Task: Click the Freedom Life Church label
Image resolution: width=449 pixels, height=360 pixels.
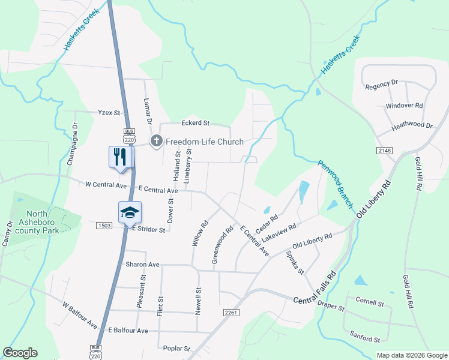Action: pos(205,142)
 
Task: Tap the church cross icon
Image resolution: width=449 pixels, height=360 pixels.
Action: pos(156,141)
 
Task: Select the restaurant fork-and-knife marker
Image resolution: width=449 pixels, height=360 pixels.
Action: pos(119,157)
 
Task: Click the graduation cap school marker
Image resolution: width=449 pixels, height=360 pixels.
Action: pos(130,212)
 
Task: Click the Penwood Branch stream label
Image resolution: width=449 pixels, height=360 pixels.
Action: pos(335,184)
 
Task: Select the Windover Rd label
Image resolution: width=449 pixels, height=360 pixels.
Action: pos(404,106)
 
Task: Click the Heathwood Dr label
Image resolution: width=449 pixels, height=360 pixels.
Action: pos(412,126)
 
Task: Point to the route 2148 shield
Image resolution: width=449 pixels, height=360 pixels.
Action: pos(385,149)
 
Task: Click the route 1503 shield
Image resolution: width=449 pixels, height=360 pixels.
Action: pos(104,225)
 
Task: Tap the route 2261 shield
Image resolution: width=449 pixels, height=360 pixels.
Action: pos(231,313)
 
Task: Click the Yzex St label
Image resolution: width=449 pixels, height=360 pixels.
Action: pos(109,112)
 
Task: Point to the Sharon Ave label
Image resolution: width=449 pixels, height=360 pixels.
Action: pos(142,264)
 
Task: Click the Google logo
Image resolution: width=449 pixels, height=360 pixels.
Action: pos(20,353)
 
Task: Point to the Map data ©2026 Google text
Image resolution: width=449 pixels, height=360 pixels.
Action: pos(411,355)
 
